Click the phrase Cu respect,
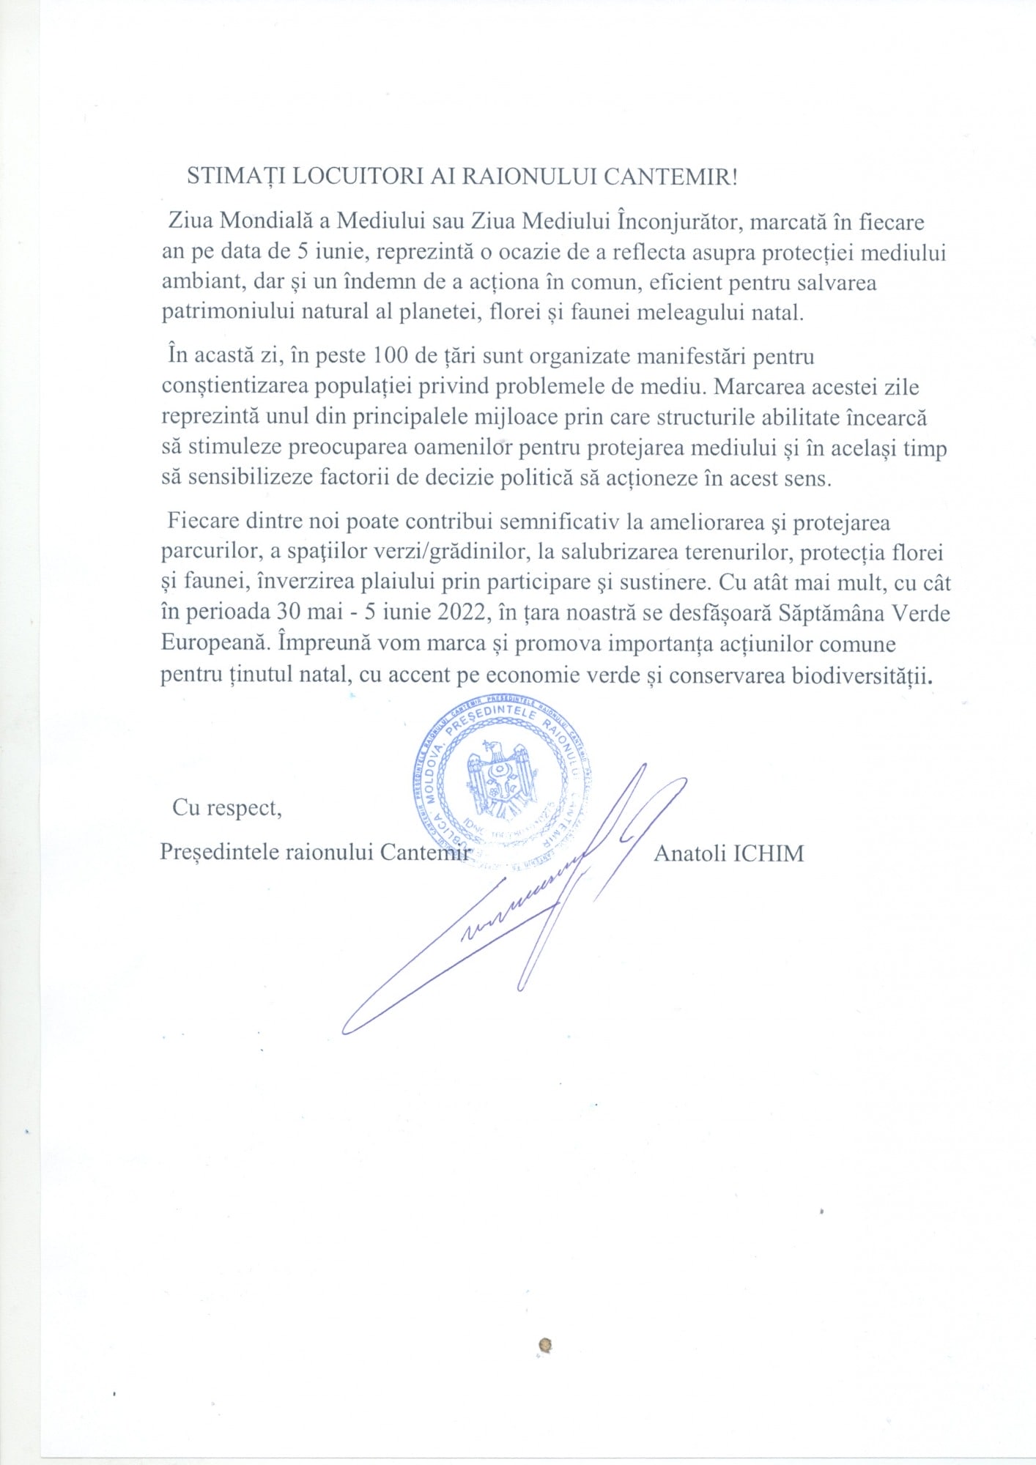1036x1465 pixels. coord(227,808)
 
